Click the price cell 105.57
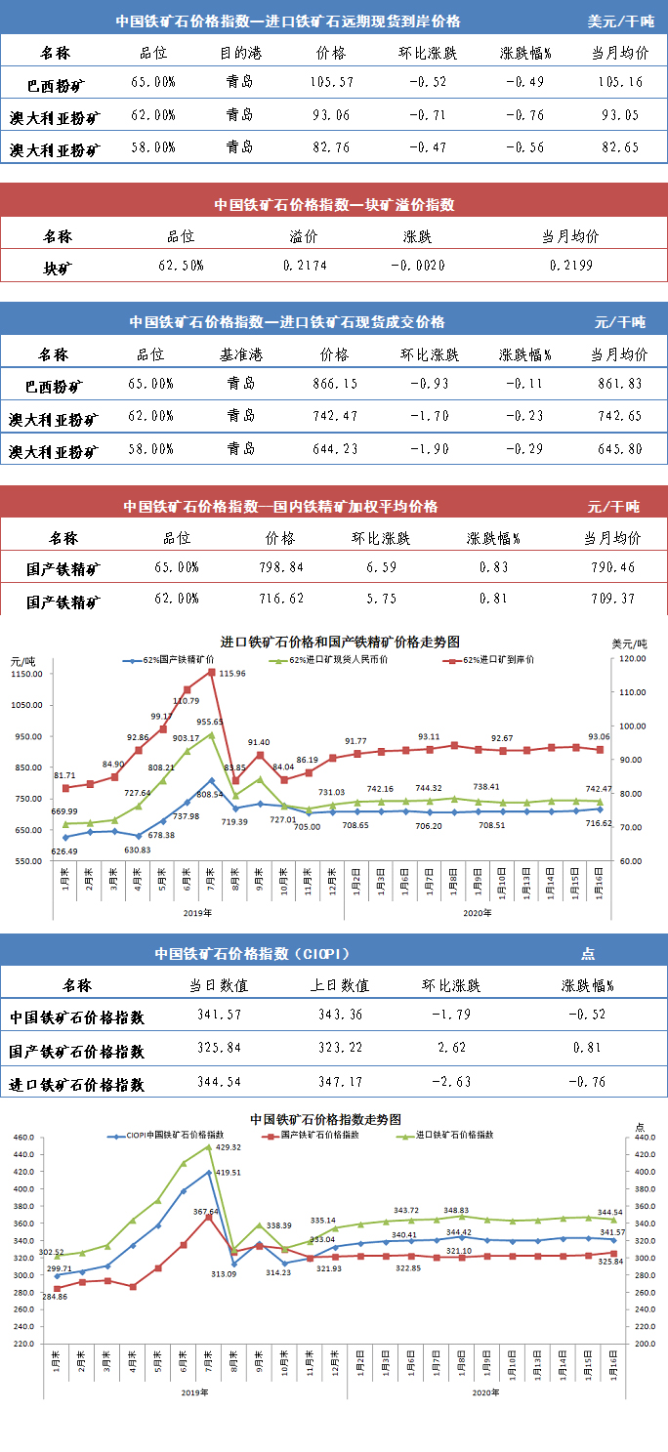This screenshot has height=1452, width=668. [x=331, y=83]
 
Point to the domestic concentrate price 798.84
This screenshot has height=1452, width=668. [x=281, y=567]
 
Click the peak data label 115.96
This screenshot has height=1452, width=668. [x=232, y=674]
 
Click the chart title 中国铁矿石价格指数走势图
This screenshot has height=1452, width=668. [x=326, y=1119]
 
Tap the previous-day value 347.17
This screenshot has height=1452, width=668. [x=341, y=1083]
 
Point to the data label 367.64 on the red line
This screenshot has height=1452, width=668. [x=206, y=1212]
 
